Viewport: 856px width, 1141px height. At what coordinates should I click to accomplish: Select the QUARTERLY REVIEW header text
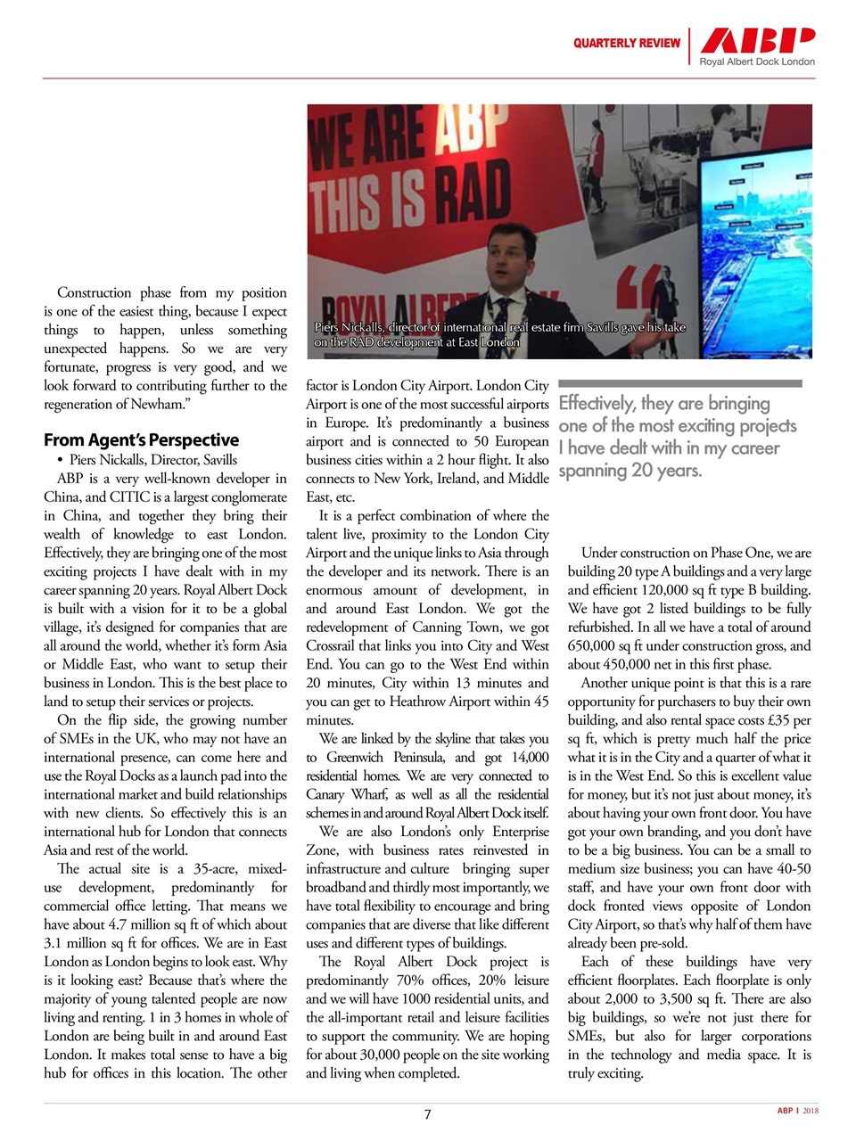tap(626, 43)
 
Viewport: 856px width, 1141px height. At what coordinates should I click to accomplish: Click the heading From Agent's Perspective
tap(141, 439)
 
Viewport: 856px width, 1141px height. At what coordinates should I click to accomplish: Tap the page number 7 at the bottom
tap(427, 1114)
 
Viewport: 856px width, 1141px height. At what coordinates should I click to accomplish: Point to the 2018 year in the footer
tap(810, 1111)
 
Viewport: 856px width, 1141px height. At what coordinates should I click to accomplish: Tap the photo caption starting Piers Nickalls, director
tap(499, 334)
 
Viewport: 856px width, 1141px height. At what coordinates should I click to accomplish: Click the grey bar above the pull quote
tap(680, 383)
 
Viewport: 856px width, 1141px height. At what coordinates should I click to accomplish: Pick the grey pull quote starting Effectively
tap(677, 437)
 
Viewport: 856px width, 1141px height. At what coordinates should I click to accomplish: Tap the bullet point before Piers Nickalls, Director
tap(59, 460)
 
